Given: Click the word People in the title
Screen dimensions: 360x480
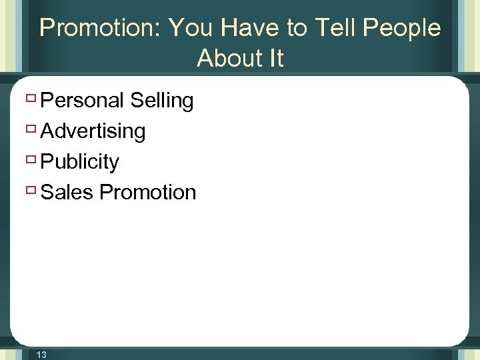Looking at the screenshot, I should click(403, 28).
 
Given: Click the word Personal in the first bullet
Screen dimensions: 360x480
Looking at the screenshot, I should click(83, 101).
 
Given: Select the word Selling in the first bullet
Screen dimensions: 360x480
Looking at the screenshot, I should click(162, 101).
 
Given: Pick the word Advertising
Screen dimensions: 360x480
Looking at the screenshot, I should click(93, 131).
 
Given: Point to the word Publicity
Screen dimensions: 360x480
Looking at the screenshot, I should click(80, 162).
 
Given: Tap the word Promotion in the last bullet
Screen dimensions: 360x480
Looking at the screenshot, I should click(148, 193).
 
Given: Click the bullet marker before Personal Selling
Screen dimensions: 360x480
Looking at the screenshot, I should click(31, 99).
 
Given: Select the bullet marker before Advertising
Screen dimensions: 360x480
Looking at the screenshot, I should click(31, 130).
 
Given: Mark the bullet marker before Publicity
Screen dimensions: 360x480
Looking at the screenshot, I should click(31, 161).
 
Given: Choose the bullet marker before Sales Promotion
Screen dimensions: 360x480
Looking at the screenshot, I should click(31, 191).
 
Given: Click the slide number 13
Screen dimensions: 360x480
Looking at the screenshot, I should click(41, 355).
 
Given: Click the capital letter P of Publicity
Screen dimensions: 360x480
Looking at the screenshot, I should click(47, 162).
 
